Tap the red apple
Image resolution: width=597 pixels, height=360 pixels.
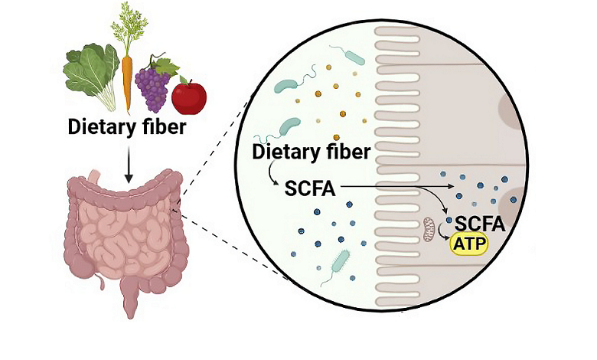[x=188, y=96]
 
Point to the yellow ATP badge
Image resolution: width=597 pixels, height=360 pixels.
[x=468, y=244]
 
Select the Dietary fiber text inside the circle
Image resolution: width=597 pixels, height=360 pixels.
[x=312, y=152]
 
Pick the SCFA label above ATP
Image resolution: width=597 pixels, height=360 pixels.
[x=478, y=224]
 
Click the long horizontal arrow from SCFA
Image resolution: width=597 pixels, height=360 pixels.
[x=390, y=185]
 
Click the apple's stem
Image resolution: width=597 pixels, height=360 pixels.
[x=182, y=78]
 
